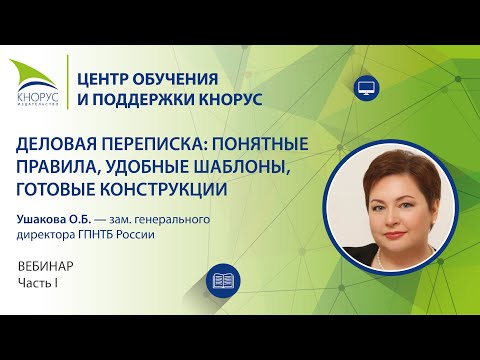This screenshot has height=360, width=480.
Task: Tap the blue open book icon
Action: coord(222,279)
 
